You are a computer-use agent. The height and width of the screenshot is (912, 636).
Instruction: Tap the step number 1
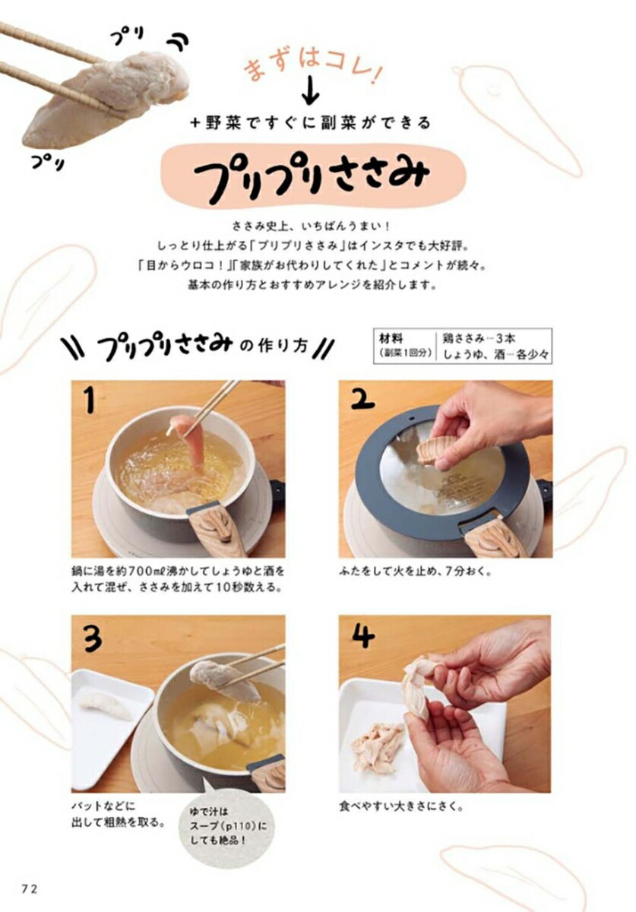[x=89, y=399]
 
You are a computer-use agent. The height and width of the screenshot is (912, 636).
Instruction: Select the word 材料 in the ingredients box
[x=391, y=338]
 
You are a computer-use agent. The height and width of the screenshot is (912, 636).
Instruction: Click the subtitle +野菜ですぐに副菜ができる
[x=311, y=122]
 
